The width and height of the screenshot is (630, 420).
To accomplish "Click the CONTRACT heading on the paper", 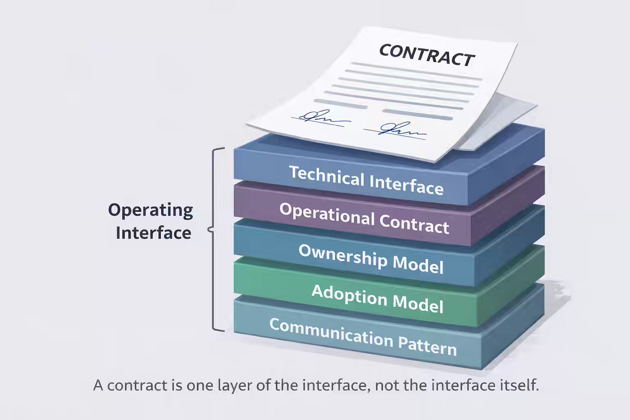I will click(427, 55).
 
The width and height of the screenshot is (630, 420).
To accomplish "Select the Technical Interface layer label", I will click(366, 180).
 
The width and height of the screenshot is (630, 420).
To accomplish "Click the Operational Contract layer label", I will click(364, 218).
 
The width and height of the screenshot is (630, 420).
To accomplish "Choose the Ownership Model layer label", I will click(371, 258).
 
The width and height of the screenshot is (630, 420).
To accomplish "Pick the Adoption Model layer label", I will click(377, 298).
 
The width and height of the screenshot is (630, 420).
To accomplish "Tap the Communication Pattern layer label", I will click(363, 337).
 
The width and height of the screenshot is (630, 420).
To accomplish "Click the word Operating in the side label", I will click(151, 210).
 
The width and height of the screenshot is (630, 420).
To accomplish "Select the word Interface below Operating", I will click(154, 233).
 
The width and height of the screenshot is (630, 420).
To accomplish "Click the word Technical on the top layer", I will click(327, 175).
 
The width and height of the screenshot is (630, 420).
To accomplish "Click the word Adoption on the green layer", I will click(349, 294).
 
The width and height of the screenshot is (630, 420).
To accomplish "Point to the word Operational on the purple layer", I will click(327, 214).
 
